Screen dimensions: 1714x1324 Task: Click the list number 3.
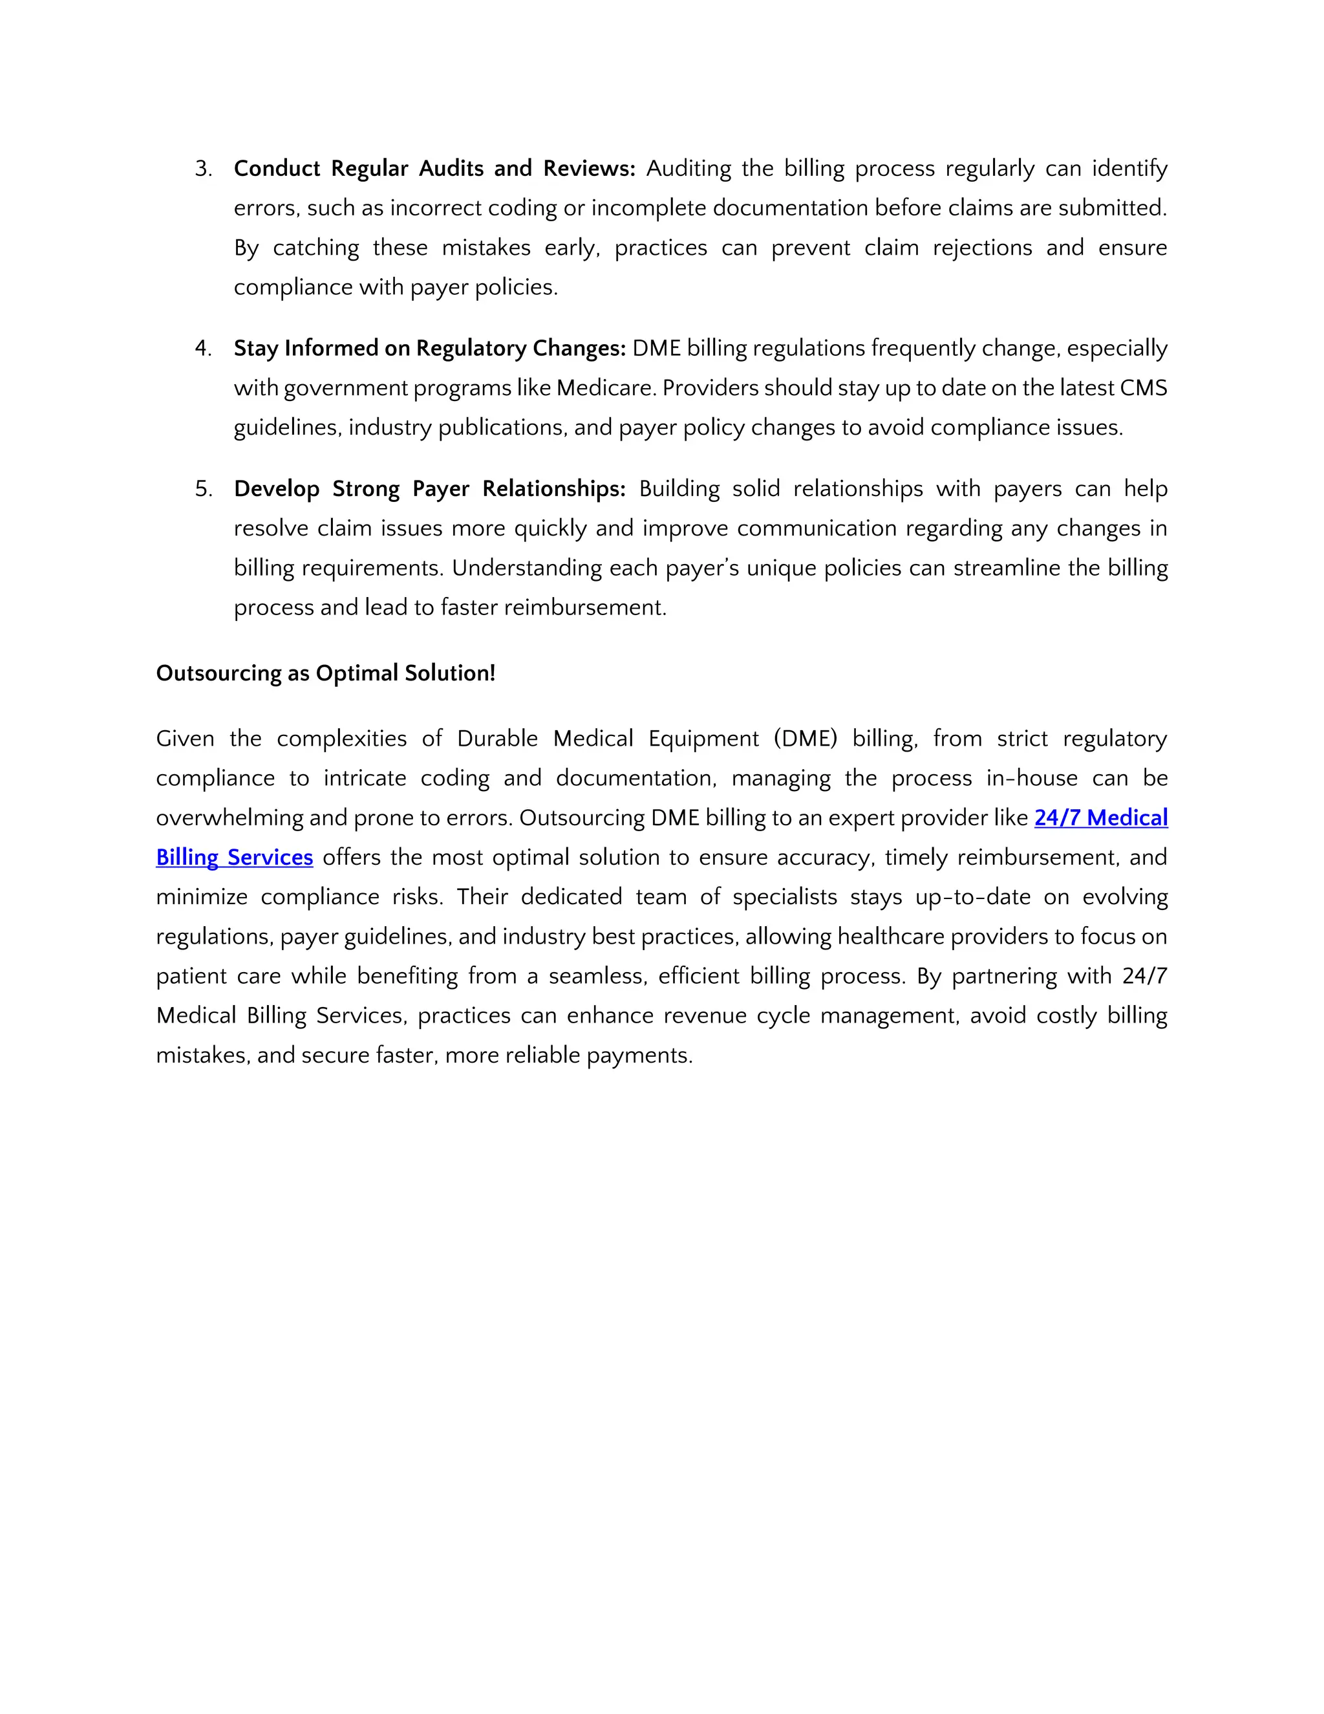click(202, 169)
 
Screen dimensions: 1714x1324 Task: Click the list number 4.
click(202, 349)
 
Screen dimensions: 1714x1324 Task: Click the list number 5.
click(202, 489)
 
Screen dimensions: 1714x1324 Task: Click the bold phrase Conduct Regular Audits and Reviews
click(434, 169)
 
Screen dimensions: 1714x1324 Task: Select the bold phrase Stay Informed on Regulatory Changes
click(429, 349)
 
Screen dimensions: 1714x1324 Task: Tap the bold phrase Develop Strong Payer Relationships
click(429, 489)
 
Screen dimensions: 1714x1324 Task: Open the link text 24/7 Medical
click(1100, 818)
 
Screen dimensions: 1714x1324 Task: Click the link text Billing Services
click(235, 858)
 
